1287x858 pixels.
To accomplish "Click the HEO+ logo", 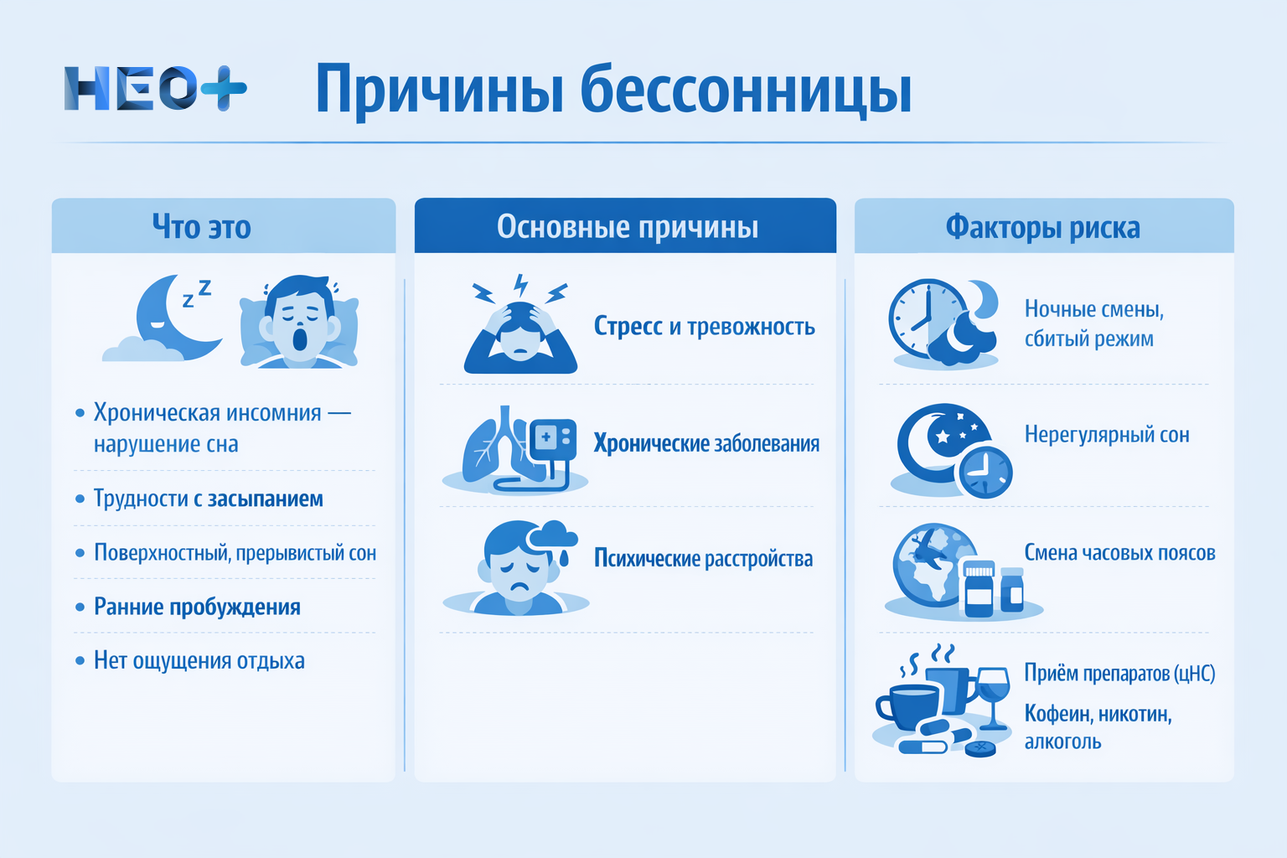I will pyautogui.click(x=155, y=88).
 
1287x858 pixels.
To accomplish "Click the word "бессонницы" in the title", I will pyautogui.click(x=746, y=90).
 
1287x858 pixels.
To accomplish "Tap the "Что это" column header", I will pyautogui.click(x=201, y=227).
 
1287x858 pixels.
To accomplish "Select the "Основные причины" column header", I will pyautogui.click(x=627, y=227).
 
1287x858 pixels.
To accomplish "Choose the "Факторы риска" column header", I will pyautogui.click(x=1042, y=227).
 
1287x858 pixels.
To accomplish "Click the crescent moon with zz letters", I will pyautogui.click(x=172, y=318).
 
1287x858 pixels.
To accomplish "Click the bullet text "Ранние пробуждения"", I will pyautogui.click(x=197, y=607).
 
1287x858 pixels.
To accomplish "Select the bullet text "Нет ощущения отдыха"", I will pyautogui.click(x=199, y=661).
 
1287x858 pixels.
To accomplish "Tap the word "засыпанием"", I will pyautogui.click(x=266, y=499).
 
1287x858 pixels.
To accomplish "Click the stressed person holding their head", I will pyautogui.click(x=520, y=331).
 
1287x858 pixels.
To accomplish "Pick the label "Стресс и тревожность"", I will pyautogui.click(x=704, y=327).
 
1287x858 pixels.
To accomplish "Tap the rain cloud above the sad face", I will pyautogui.click(x=554, y=537).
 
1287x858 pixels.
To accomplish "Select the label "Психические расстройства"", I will pyautogui.click(x=703, y=559).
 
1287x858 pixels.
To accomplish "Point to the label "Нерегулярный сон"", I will pyautogui.click(x=1106, y=435).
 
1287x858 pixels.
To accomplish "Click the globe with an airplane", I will pyautogui.click(x=930, y=563).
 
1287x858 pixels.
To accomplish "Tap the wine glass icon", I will pyautogui.click(x=993, y=691).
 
